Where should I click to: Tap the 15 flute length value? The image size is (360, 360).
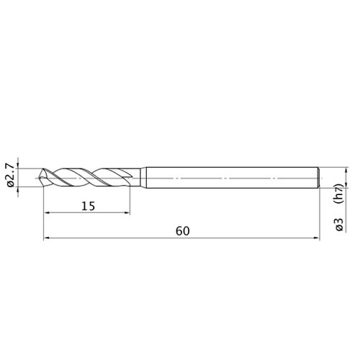pos(89,206)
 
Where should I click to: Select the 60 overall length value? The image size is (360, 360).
pos(183,231)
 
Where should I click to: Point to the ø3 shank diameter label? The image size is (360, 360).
pos(340,225)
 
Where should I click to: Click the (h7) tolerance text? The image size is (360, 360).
pos(340,194)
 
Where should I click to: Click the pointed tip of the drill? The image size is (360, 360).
pos(39,178)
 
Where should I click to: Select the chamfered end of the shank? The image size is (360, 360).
pos(318,177)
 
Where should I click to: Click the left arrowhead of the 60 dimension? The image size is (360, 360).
pos(47,238)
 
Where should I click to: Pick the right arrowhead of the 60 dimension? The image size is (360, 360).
pos(317,238)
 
